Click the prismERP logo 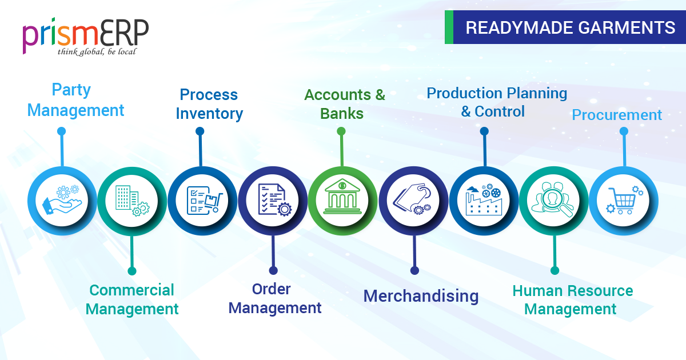(86, 35)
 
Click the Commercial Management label (132, 299)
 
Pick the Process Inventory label (209, 104)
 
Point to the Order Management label (274, 298)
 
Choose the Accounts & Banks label (344, 104)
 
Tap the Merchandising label (421, 295)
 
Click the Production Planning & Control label (496, 102)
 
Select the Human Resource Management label (572, 299)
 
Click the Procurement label (617, 115)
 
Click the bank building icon (342, 197)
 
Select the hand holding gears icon (62, 201)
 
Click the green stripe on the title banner (449, 27)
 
